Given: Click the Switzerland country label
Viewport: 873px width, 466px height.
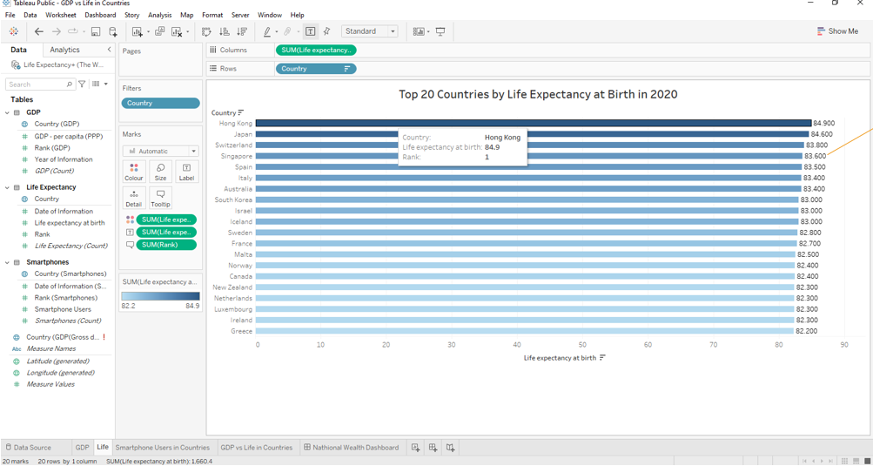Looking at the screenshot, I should pyautogui.click(x=233, y=145).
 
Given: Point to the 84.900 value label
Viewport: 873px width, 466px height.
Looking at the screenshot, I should pyautogui.click(x=823, y=124).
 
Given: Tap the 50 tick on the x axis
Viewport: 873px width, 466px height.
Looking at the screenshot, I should pyautogui.click(x=582, y=345).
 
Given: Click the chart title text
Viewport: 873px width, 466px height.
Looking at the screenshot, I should pyautogui.click(x=537, y=94).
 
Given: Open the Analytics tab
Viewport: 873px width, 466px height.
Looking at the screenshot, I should pyautogui.click(x=64, y=50).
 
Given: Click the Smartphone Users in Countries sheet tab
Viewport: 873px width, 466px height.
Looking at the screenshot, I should pyautogui.click(x=163, y=448).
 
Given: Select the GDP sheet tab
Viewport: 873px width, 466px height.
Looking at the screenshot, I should pyautogui.click(x=82, y=448).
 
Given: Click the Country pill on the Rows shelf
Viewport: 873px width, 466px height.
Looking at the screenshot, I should pyautogui.click(x=315, y=69).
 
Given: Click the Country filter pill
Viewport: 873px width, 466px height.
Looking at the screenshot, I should pyautogui.click(x=160, y=103).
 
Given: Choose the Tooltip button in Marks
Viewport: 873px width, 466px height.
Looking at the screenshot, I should pyautogui.click(x=160, y=198).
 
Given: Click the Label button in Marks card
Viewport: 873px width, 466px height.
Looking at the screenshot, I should pyautogui.click(x=186, y=172).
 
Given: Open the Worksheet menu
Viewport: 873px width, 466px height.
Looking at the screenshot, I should pyautogui.click(x=60, y=15).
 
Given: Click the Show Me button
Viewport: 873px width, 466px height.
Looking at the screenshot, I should pyautogui.click(x=837, y=31).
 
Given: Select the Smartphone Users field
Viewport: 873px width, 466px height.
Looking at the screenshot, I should pyautogui.click(x=63, y=309).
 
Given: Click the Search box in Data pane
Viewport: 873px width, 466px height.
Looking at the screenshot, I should pyautogui.click(x=37, y=84).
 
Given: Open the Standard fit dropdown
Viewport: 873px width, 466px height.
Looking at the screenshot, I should pyautogui.click(x=369, y=31).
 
